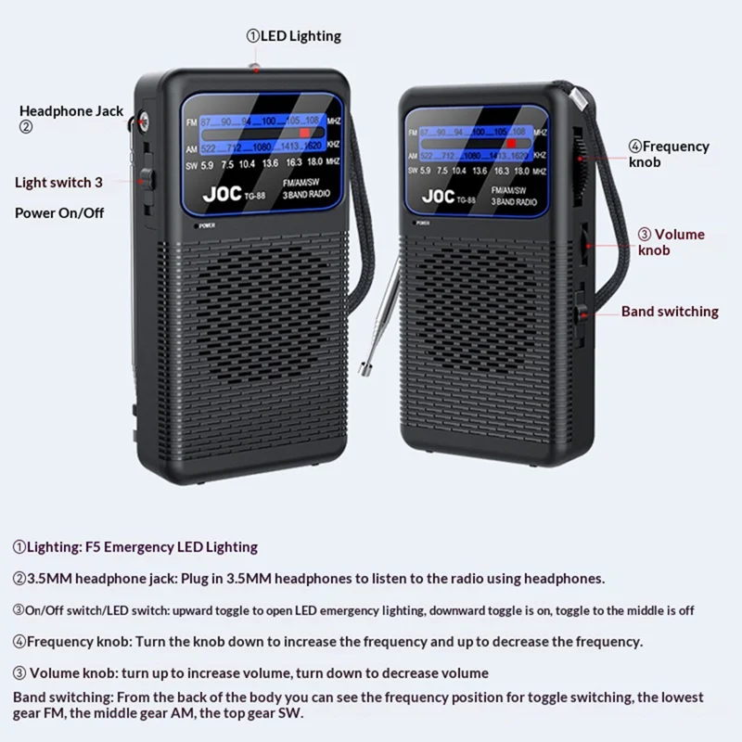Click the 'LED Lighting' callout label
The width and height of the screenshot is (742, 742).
point(293,36)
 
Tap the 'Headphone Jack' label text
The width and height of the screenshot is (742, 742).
point(71,111)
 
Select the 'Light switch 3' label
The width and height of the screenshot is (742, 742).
point(58,183)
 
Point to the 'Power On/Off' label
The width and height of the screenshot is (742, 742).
point(59,213)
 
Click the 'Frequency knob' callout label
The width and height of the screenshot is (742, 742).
point(669,154)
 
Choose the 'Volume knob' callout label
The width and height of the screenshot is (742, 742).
point(671,242)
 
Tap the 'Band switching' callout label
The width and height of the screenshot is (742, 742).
point(670,312)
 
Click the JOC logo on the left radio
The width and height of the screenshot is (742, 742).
point(222,194)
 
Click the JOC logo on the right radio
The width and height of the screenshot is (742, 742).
point(438,196)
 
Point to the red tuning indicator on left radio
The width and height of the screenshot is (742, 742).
point(304,133)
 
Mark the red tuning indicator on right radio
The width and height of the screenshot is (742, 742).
point(511,144)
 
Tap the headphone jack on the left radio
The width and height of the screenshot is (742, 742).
point(141,122)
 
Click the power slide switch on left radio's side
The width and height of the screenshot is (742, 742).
point(147,179)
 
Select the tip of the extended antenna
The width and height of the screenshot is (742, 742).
point(364,369)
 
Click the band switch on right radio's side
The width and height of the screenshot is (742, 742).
point(581,312)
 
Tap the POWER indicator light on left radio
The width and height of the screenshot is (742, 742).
point(196,226)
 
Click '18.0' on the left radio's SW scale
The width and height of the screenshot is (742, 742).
point(315,161)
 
